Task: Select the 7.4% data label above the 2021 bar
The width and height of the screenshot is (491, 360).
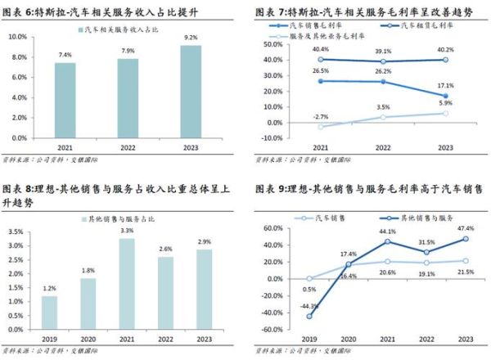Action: (x=65, y=54)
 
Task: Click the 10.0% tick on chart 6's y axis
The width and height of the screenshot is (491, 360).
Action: (x=20, y=37)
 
